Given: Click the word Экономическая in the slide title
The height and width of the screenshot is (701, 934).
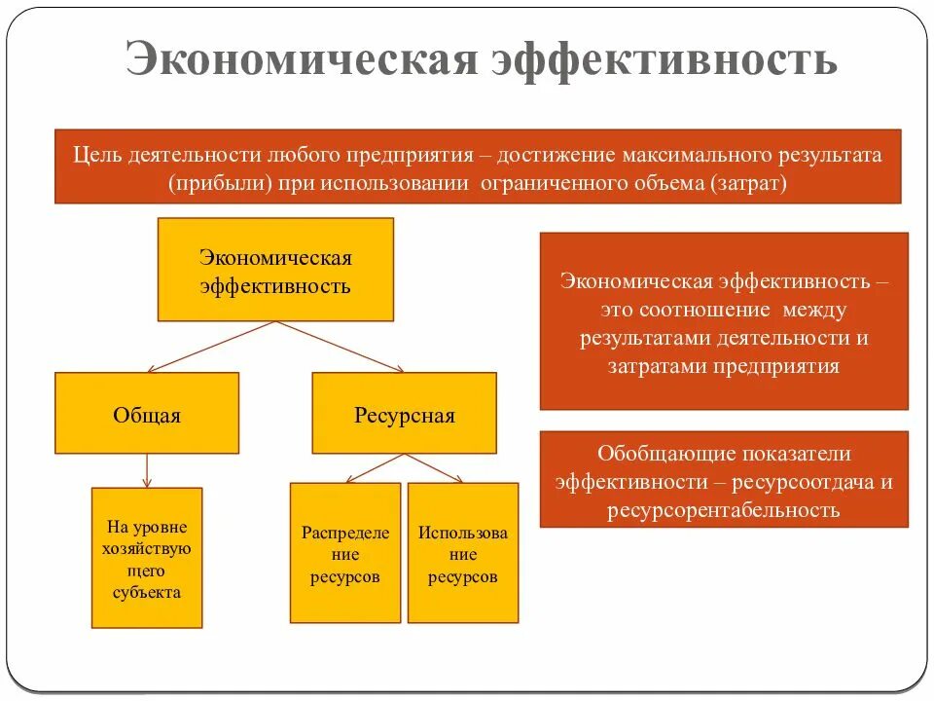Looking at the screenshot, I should coord(301,59).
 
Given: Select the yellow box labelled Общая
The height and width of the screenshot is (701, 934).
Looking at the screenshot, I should coord(147,414).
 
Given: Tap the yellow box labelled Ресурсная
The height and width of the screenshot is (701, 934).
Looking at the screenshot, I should coord(404,414).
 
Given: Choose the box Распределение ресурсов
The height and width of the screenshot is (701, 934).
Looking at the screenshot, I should coord(345,554).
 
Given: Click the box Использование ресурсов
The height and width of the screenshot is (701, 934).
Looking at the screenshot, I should coord(463,554).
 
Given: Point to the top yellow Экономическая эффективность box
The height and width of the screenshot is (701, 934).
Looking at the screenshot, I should coord(275,271).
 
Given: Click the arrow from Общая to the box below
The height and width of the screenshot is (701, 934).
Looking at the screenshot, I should coord(147,470).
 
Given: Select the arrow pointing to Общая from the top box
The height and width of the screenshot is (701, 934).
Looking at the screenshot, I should coord(209,347).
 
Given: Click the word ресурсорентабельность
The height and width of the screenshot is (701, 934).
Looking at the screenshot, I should coord(724,510).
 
